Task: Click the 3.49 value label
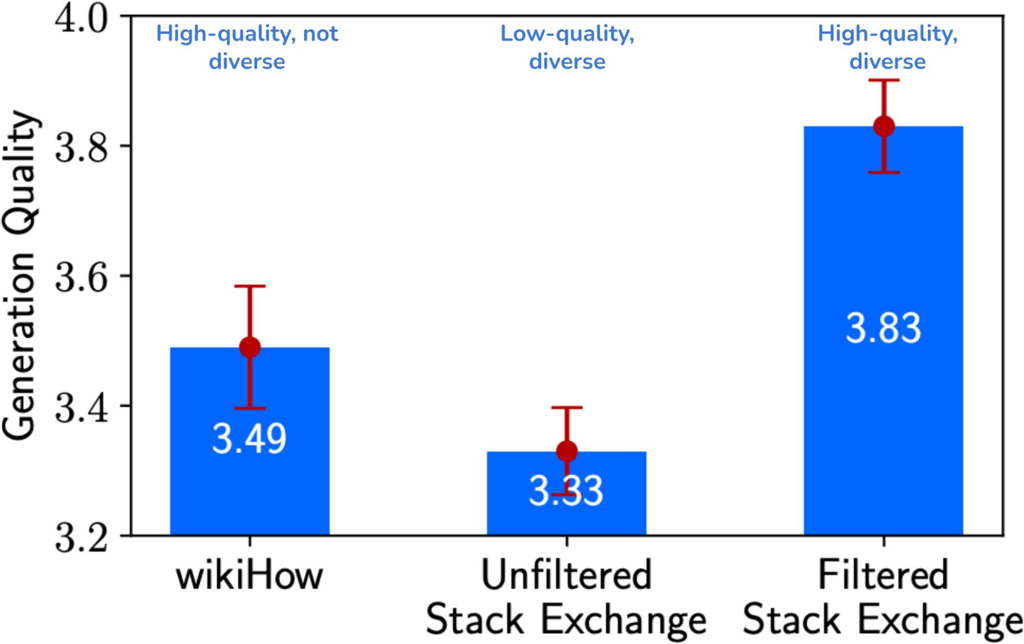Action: (250, 439)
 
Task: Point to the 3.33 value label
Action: (567, 491)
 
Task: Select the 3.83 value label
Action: (883, 328)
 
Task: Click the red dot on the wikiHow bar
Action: (250, 347)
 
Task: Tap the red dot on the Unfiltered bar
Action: (567, 451)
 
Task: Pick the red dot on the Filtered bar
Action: (884, 126)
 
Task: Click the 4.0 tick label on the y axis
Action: (81, 19)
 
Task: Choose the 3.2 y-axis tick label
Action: (81, 537)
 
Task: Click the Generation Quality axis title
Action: (20, 275)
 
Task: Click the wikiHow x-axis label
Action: (250, 576)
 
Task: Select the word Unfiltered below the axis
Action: (567, 575)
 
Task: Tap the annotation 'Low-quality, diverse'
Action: (567, 47)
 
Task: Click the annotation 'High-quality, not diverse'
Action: (247, 47)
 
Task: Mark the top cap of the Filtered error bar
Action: (884, 80)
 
